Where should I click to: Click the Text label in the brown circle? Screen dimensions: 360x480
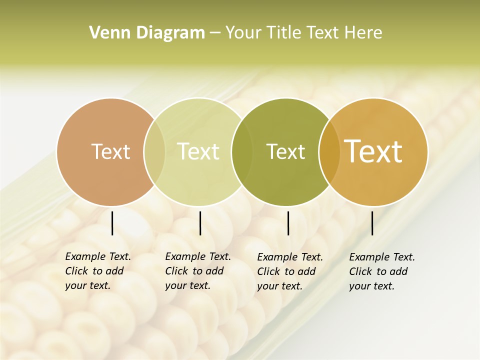(x=110, y=151)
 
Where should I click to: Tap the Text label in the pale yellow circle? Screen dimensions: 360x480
(x=198, y=151)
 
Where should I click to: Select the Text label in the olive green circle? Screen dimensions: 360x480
(x=285, y=151)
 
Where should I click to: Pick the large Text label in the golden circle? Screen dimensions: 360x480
(x=373, y=151)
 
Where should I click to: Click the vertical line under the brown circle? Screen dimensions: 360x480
(x=112, y=223)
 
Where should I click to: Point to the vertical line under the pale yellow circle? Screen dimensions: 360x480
(x=200, y=223)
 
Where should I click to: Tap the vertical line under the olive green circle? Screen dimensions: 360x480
(x=288, y=223)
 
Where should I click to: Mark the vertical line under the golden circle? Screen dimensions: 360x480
(x=372, y=223)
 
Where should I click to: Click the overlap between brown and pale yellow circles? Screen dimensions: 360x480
(x=154, y=152)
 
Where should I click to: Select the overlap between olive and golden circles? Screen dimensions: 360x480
(x=329, y=152)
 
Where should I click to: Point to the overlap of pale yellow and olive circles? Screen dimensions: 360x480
(x=242, y=152)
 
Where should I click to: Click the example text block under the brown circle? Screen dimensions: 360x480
(x=98, y=271)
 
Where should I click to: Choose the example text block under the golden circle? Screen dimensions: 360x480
(x=381, y=271)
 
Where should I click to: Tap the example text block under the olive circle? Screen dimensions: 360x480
(x=289, y=271)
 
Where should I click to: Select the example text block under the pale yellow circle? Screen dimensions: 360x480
(x=197, y=271)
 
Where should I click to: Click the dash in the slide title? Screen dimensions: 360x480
(x=215, y=33)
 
